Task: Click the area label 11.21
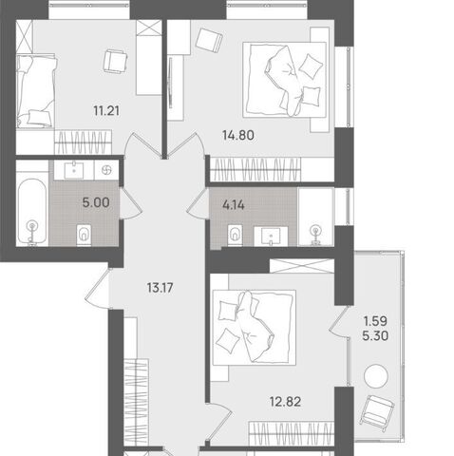point(106,111)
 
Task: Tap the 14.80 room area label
point(238,136)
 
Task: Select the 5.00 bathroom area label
point(96,202)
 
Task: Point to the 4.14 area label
point(234,205)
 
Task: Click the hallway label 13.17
point(161,288)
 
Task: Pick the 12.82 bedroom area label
point(285,402)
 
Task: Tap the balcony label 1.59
point(375,321)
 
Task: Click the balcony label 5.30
point(375,335)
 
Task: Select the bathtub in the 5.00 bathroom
point(32,212)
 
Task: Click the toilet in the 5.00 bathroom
point(84,235)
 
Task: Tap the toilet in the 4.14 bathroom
point(235,236)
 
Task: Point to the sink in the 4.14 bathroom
point(271,237)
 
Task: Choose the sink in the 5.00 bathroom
point(74,170)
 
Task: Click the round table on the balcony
point(376,376)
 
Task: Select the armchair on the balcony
point(378,412)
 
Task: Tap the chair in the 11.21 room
point(115,61)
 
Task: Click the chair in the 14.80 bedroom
point(209,40)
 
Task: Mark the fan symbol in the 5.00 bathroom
point(106,170)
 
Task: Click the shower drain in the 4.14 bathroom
point(315,235)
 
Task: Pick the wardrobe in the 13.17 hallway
point(136,402)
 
